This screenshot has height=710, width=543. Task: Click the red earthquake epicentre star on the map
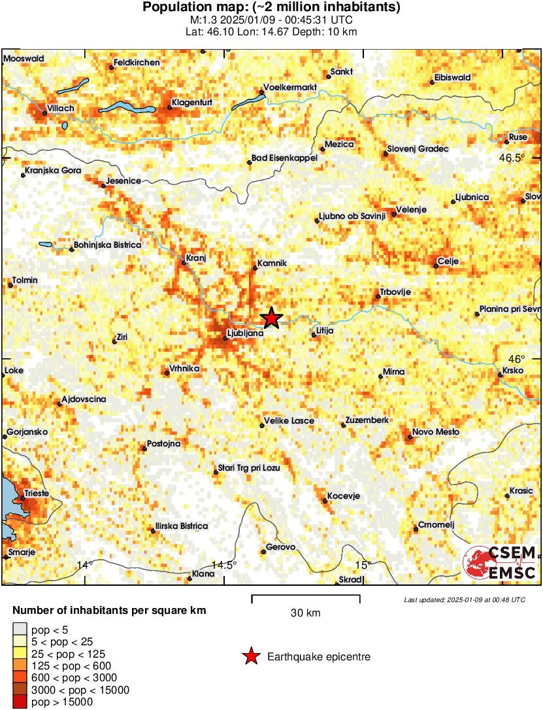coord(272,318)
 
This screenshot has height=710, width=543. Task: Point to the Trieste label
coord(37,493)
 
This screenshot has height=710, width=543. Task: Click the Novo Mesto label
coord(435,432)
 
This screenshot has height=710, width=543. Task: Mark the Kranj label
coord(196,258)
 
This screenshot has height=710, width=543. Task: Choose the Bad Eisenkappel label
coord(284,158)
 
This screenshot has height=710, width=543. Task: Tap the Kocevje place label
coord(344,496)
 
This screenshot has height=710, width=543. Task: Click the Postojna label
coord(164,444)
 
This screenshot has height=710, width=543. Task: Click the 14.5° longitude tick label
coord(226,565)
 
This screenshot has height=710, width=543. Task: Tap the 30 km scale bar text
coord(305,613)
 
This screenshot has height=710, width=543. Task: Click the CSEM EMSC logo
coord(499,562)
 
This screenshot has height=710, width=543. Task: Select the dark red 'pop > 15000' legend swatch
coord(20,702)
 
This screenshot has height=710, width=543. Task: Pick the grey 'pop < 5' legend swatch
coord(20,630)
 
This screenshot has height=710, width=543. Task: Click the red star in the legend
coord(250,656)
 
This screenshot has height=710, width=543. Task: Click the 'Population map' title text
coord(271,8)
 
